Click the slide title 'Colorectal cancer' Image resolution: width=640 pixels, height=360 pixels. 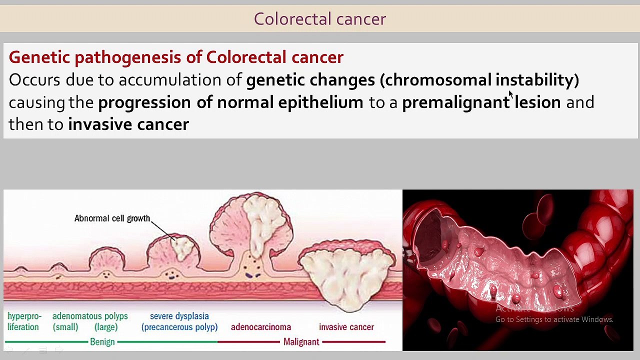[319, 19]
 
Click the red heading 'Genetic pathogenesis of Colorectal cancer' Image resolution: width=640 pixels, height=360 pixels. [176, 57]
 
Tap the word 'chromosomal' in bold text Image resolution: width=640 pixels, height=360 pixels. [438, 80]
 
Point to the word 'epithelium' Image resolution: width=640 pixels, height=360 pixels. [320, 102]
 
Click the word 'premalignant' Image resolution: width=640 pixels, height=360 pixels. [455, 102]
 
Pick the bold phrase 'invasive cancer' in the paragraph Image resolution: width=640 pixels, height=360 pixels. [128, 124]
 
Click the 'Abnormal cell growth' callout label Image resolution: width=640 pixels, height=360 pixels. [112, 218]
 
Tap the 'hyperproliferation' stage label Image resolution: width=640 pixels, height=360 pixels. [24, 321]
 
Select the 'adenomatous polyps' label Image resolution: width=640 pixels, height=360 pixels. [90, 316]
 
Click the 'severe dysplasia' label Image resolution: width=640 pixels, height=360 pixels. [179, 316]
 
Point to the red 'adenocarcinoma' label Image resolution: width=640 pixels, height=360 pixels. [260, 327]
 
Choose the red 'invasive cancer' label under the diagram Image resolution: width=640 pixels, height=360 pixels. [346, 327]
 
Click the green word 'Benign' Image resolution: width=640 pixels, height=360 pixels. [102, 342]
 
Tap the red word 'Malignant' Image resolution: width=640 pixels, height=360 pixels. [301, 342]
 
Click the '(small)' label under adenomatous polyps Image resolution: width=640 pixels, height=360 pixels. [65, 327]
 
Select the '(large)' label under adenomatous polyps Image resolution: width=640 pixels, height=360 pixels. [106, 327]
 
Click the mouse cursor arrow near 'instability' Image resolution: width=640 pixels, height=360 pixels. [511, 95]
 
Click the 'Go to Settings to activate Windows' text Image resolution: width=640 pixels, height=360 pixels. [554, 319]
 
